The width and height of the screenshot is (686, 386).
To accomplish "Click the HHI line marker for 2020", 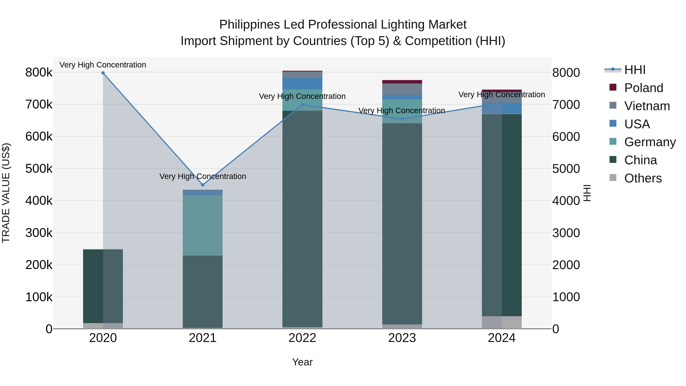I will click(x=103, y=73).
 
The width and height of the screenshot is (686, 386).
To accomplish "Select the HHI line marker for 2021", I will click(x=203, y=185).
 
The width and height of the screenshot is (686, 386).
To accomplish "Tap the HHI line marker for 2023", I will click(x=402, y=119).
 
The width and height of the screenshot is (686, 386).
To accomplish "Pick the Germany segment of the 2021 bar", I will click(x=203, y=225).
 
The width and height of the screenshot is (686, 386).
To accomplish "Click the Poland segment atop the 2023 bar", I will click(x=402, y=82).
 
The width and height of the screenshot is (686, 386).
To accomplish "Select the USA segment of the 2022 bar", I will click(x=302, y=84).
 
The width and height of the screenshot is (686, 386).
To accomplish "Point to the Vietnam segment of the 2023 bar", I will click(x=402, y=89).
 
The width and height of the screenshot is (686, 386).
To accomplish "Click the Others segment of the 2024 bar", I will click(x=502, y=322).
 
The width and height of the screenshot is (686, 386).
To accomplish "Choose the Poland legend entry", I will click(x=643, y=88).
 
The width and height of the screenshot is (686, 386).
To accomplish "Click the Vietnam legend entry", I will click(x=647, y=106).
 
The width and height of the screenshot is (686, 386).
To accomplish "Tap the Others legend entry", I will click(x=643, y=178).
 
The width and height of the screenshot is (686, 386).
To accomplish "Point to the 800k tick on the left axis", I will click(x=39, y=72).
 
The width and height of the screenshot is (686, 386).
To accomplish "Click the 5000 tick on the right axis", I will click(x=566, y=169).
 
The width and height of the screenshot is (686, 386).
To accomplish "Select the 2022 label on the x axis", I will click(x=302, y=338).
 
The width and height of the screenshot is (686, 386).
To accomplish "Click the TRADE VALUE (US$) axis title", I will click(x=6, y=193).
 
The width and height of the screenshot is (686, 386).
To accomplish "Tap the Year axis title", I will click(x=302, y=362).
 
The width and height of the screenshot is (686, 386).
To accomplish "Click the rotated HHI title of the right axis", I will click(x=587, y=193).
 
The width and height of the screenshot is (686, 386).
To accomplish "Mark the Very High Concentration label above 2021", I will click(x=203, y=176).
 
